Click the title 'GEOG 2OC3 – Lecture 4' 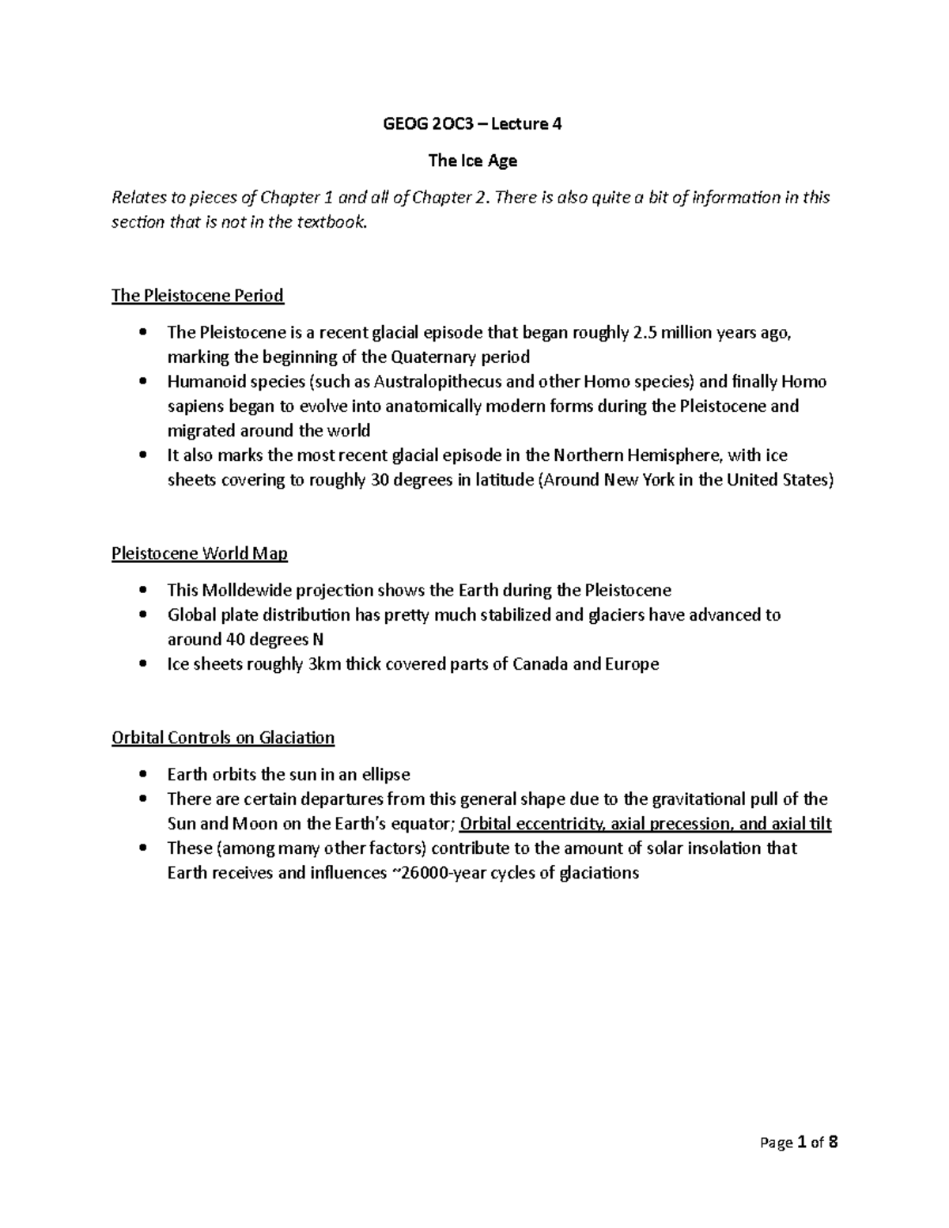(x=472, y=123)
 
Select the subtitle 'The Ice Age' (x=472, y=161)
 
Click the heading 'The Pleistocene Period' (x=197, y=296)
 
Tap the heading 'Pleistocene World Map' (x=199, y=554)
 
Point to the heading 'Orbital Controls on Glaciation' (x=223, y=738)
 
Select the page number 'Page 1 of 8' (x=798, y=1142)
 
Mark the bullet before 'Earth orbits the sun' (x=142, y=775)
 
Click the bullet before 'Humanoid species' (x=142, y=383)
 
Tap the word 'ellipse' (x=384, y=774)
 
